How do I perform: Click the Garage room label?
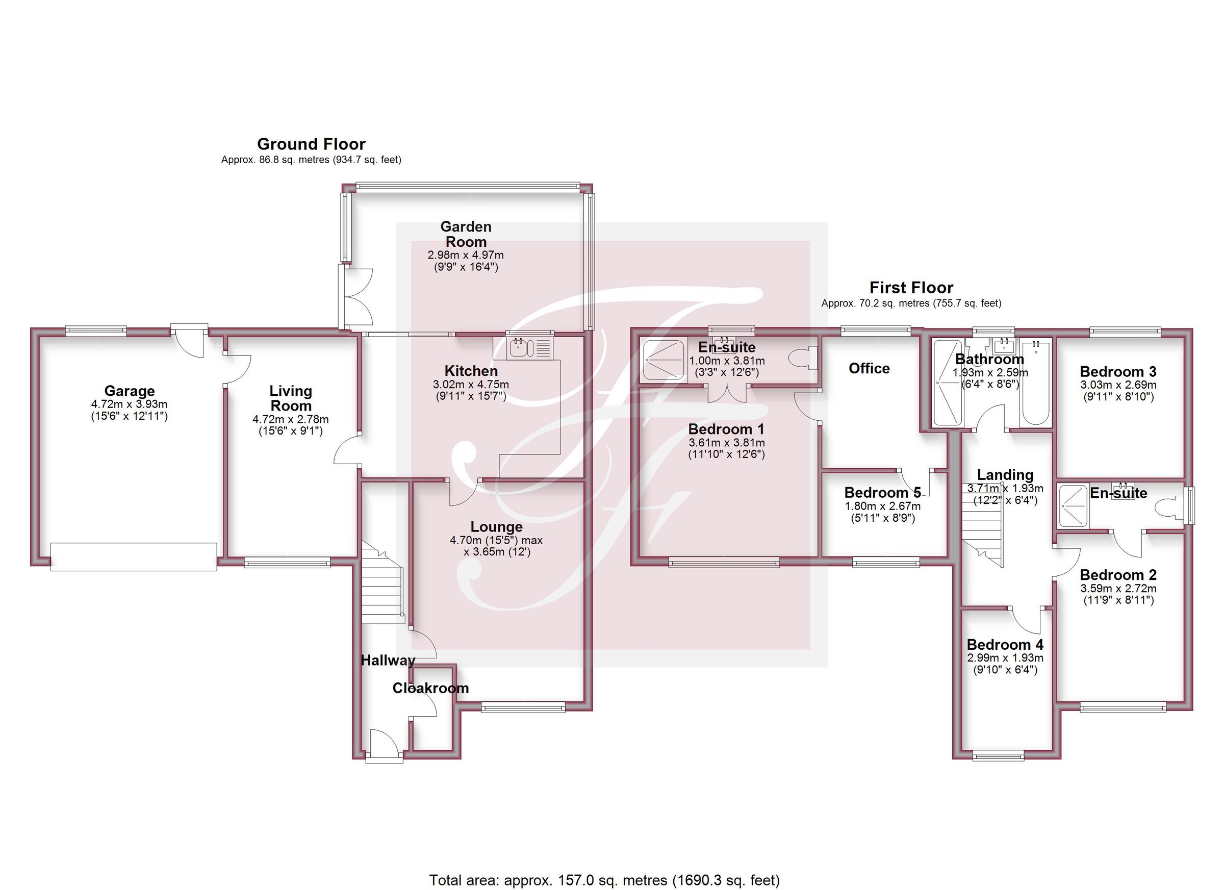point(130,391)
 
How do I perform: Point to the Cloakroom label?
point(430,688)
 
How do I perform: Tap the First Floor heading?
point(910,287)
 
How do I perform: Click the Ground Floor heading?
point(311,144)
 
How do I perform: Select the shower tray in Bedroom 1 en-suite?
point(662,359)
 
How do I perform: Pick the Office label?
point(869,369)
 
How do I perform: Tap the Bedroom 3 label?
point(1118,372)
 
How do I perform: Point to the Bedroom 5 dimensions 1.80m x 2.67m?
point(882,506)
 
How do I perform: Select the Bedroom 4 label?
point(1005,645)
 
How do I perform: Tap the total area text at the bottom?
point(604,880)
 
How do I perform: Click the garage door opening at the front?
point(134,557)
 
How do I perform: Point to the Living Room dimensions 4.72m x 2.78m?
point(290,419)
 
